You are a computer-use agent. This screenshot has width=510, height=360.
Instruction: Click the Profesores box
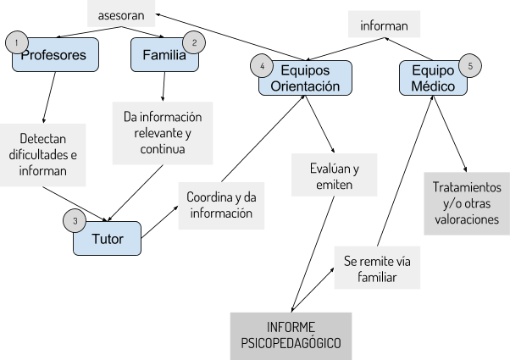tap(56, 56)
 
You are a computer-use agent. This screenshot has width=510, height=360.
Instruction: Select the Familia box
tap(165, 56)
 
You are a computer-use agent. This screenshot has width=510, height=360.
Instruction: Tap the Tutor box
tap(107, 239)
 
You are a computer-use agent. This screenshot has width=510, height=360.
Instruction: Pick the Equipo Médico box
tap(433, 78)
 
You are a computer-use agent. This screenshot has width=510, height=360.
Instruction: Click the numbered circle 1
tap(16, 42)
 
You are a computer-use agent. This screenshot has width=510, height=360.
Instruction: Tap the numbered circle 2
tap(194, 42)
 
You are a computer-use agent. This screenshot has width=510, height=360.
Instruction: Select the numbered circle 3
tap(75, 221)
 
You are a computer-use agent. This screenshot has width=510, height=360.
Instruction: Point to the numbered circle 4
tap(263, 66)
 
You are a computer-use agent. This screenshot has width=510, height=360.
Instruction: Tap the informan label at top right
tap(385, 25)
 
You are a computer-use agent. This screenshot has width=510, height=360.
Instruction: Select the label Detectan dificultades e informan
tap(42, 156)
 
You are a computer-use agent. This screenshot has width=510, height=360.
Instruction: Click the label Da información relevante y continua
tap(163, 133)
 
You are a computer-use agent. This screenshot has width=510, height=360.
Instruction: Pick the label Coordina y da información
tap(219, 205)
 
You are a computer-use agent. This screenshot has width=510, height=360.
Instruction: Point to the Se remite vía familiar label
tap(376, 268)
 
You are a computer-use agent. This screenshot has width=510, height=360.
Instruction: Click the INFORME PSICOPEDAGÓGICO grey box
tap(291, 335)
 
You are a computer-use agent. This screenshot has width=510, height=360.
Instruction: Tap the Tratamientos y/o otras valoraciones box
tap(467, 203)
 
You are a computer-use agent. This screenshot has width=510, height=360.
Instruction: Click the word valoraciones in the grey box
tap(467, 219)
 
